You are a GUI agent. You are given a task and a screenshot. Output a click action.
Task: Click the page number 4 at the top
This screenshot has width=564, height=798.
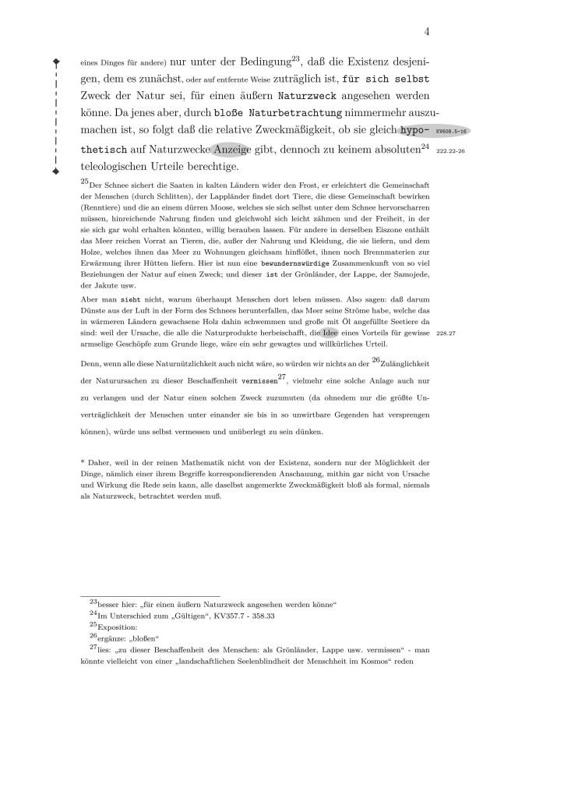tap(428, 31)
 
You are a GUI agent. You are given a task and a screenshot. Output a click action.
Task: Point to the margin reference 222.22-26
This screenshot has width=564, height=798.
tap(450, 151)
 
